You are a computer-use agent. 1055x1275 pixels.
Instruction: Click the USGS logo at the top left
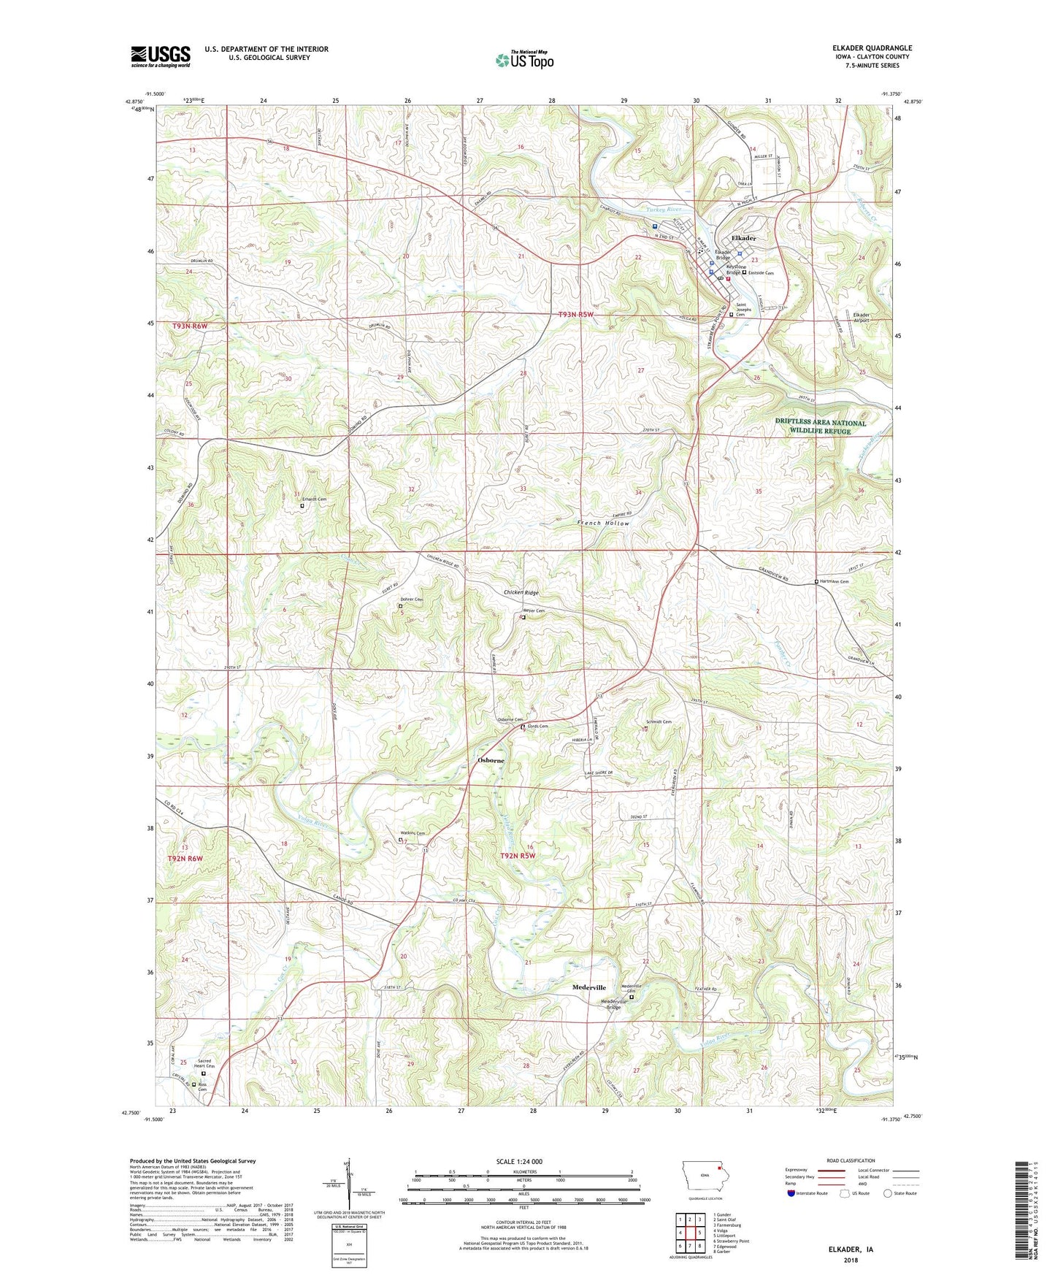point(160,56)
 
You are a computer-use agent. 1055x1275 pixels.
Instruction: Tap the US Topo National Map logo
point(524,60)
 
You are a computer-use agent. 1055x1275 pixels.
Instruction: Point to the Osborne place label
point(491,760)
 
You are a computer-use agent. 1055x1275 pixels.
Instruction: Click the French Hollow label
point(602,524)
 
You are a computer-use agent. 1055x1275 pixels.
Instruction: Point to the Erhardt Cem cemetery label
point(314,499)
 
